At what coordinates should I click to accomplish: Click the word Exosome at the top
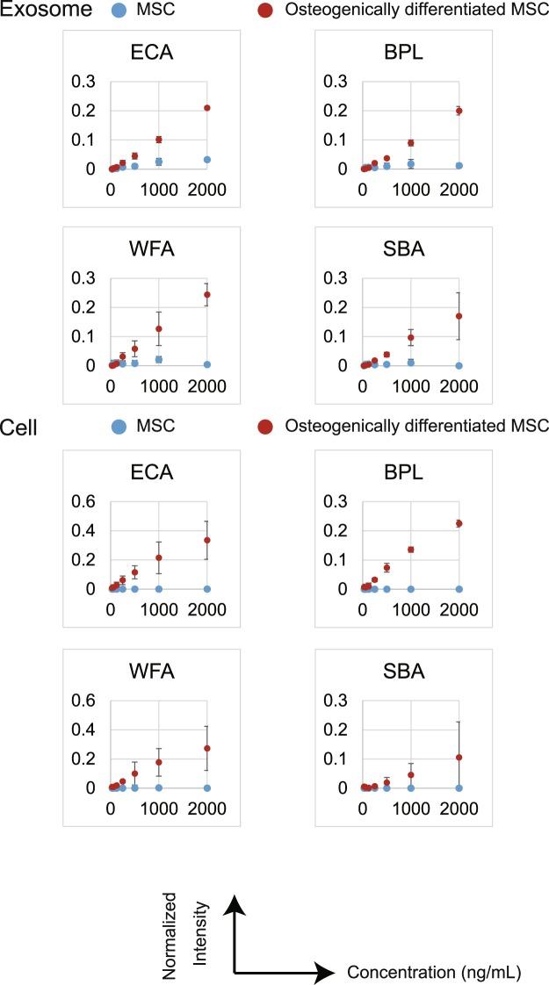[x=41, y=11]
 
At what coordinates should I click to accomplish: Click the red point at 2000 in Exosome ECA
[x=207, y=108]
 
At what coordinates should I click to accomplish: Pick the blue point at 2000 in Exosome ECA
[x=207, y=160]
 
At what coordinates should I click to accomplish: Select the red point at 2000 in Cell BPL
[x=459, y=523]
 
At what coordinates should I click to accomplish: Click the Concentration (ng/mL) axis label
[x=434, y=972]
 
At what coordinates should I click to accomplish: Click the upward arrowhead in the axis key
[x=234, y=902]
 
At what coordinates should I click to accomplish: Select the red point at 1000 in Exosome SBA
[x=410, y=338]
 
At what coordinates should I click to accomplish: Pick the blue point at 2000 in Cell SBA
[x=459, y=787]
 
